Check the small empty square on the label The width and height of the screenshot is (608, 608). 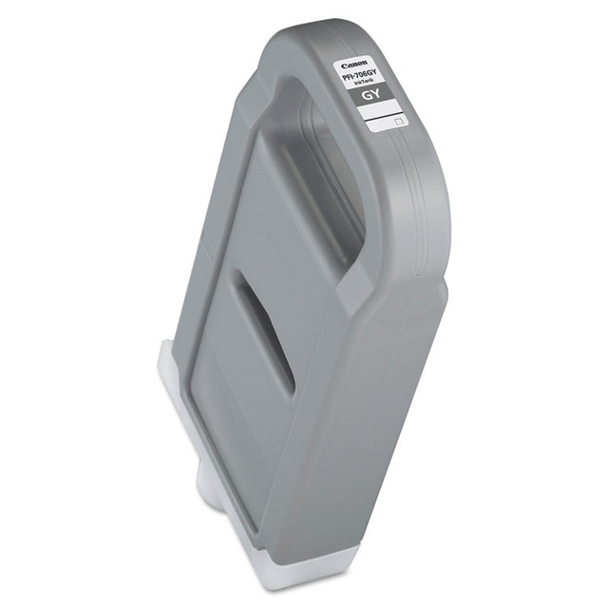tap(399, 122)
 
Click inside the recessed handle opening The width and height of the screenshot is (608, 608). tap(313, 180)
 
